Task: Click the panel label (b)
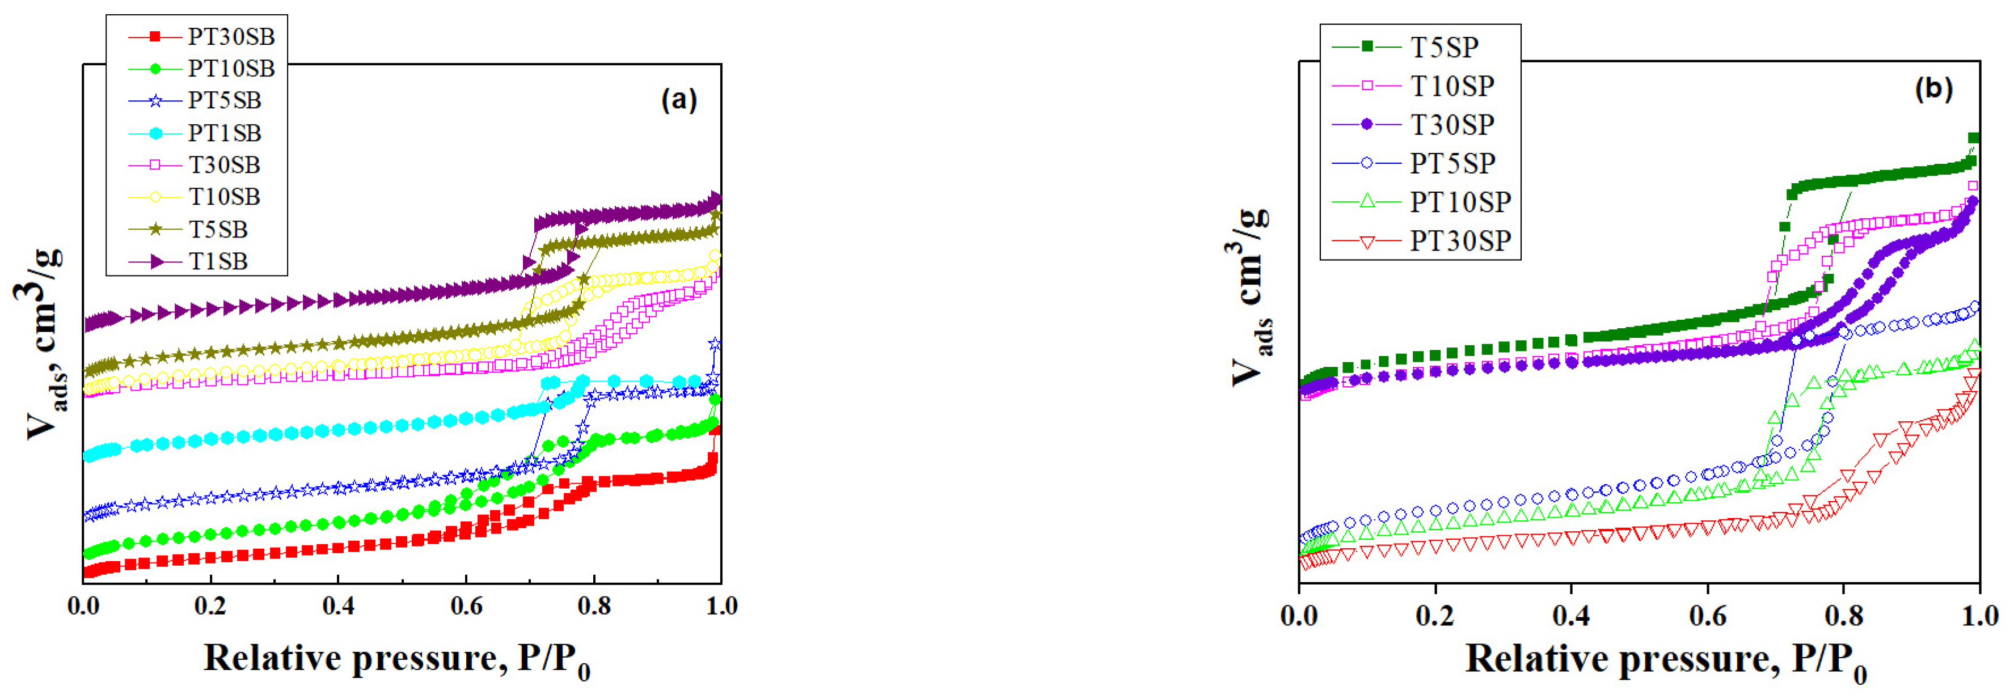[1933, 89]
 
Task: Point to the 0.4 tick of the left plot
[339, 606]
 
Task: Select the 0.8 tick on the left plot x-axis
[594, 606]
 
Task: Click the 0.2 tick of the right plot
[1435, 616]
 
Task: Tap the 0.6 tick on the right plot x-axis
[1707, 616]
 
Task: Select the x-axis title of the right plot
[1666, 661]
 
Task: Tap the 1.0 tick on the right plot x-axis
[1979, 616]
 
